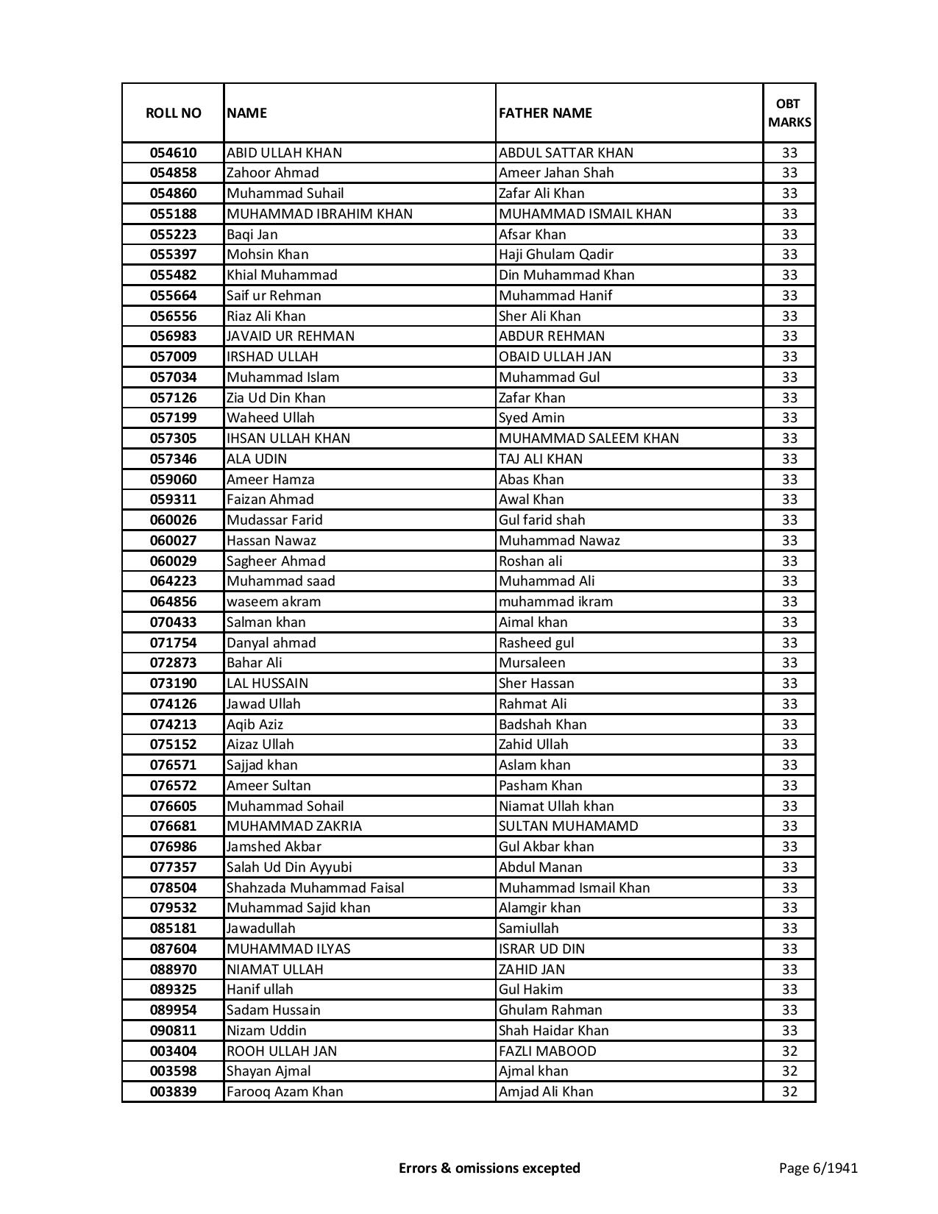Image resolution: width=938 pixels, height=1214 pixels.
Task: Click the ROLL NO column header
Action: [x=173, y=113]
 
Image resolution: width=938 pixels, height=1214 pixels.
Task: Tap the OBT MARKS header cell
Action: [x=789, y=113]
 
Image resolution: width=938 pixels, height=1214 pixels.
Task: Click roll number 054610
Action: [x=173, y=153]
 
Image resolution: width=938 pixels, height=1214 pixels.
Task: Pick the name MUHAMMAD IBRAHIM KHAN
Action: [x=319, y=214]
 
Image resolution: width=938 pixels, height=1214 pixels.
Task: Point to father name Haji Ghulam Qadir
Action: [x=555, y=255]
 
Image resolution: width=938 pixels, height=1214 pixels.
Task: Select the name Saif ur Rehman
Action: [x=274, y=296]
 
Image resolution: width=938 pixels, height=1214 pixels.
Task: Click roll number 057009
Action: [x=173, y=357]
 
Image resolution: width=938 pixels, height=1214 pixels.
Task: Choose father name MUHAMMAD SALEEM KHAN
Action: [x=589, y=439]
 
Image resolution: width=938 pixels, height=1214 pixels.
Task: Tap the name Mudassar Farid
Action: [x=274, y=520]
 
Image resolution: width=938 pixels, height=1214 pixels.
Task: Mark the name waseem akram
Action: [x=274, y=602]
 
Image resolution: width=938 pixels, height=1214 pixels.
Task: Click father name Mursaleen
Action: [x=532, y=663]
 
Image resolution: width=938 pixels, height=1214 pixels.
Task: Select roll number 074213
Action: [x=173, y=725]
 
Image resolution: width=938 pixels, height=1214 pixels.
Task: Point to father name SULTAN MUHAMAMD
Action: [x=568, y=826]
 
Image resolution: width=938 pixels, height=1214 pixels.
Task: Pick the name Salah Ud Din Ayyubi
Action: [x=289, y=867]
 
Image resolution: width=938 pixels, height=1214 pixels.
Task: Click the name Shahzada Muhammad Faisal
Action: [x=315, y=888]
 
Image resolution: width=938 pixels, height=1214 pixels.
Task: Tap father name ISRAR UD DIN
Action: [x=541, y=949]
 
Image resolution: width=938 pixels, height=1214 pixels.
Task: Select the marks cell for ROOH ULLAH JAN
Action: [x=789, y=1051]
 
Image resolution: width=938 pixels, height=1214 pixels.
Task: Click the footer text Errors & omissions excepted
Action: [x=489, y=1168]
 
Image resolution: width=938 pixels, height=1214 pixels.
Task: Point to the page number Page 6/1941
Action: [x=818, y=1168]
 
